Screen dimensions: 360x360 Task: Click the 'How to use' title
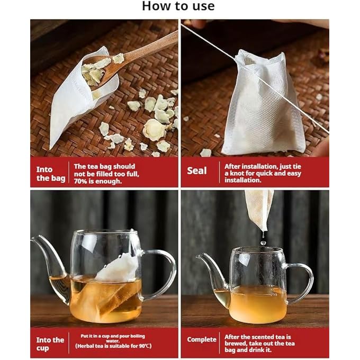coord(178,7)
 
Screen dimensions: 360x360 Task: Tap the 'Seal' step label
coord(197,171)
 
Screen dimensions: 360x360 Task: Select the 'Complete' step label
coord(202,339)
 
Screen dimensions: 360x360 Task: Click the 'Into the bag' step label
coord(51,174)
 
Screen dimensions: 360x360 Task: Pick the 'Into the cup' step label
coord(50,344)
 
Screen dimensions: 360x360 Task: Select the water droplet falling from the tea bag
coord(263,241)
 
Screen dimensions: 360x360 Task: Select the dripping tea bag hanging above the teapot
coord(259,209)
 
